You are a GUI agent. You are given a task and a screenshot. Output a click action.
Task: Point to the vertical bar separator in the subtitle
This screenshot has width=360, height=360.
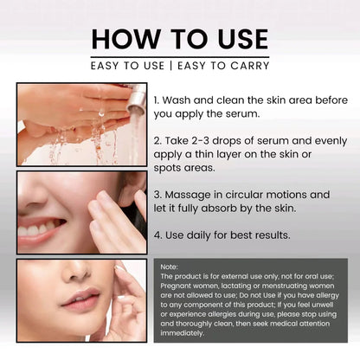[x=177, y=66]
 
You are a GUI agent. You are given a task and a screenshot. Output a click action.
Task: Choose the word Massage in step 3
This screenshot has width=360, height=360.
[x=195, y=194]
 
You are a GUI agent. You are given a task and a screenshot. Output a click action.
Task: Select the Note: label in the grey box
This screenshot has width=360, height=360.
[x=170, y=267]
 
